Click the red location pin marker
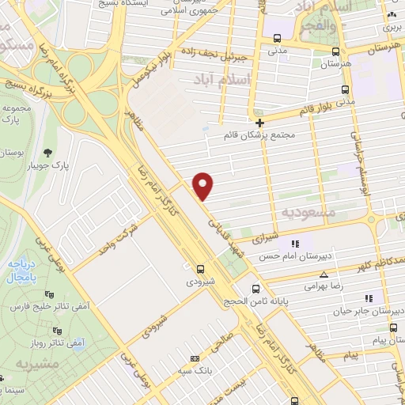coord(203,185)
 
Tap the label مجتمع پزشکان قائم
coord(261,134)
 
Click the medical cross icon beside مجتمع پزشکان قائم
coord(259,122)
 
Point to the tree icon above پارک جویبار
coord(48,152)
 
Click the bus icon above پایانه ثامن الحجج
coord(255,289)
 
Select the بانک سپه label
coord(195,370)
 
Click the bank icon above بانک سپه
coord(195,358)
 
